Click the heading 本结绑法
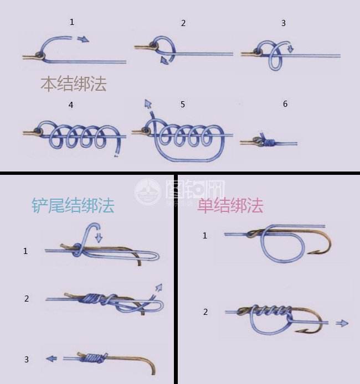(x=73, y=84)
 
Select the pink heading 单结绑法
(x=230, y=206)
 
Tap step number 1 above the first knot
(x=71, y=22)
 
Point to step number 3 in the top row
(x=284, y=23)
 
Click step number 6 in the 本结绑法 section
(x=285, y=103)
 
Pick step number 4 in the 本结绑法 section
(x=71, y=105)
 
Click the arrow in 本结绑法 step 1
(x=83, y=39)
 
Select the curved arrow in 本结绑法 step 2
(x=164, y=59)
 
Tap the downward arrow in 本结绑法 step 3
(x=290, y=49)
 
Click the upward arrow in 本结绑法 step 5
(x=148, y=103)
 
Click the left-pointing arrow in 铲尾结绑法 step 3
(x=52, y=359)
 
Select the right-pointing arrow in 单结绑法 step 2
(x=342, y=323)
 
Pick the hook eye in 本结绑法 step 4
(x=37, y=131)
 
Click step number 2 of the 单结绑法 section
(x=205, y=312)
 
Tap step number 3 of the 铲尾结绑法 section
(x=26, y=360)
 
